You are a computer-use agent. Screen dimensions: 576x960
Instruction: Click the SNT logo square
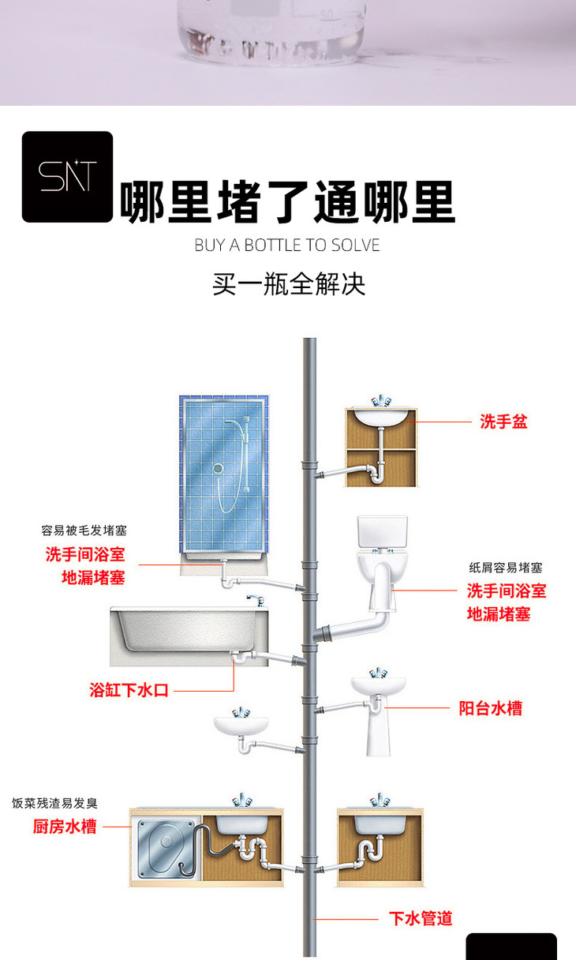coord(67,177)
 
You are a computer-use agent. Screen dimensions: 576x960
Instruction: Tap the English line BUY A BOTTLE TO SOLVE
coord(287,246)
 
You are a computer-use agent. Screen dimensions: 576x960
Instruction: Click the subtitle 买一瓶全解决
coord(289,283)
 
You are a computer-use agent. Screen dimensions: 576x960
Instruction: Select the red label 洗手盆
coord(503,422)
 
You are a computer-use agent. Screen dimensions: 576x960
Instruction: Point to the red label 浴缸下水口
coord(129,690)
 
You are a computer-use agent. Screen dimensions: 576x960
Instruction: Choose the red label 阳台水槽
coord(490,708)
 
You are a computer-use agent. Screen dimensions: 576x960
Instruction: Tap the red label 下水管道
coord(421,919)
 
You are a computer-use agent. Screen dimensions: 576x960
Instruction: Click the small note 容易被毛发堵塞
coord(84,531)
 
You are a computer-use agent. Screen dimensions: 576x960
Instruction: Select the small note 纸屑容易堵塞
coord(506,568)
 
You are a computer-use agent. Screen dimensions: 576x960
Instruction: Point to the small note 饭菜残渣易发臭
coord(54,803)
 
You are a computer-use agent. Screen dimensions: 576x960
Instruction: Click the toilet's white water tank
coord(383,532)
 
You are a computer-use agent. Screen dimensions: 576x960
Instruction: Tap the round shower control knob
coord(218,468)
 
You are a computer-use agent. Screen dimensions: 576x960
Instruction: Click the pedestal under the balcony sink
coord(379,732)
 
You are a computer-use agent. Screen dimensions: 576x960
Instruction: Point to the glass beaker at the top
coord(271,30)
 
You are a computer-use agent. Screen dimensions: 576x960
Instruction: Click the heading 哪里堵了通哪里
coord(287,202)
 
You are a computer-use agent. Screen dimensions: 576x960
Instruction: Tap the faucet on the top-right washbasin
coord(381,401)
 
